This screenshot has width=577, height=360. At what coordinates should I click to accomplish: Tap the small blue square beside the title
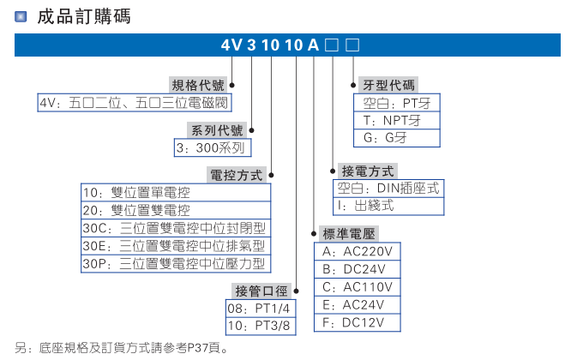21,16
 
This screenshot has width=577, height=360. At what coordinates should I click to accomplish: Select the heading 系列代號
216,130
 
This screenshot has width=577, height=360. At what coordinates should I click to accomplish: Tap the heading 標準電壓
348,234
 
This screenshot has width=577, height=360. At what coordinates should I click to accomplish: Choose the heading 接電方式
368,171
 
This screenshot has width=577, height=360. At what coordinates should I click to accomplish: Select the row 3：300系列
211,147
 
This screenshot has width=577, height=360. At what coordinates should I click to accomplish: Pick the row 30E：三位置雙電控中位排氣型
175,245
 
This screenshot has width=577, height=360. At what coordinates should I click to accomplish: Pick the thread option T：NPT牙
391,121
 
